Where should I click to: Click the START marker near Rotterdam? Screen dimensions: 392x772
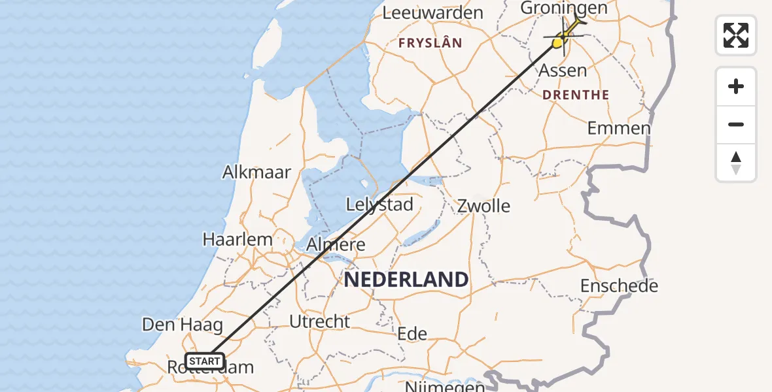tap(205, 361)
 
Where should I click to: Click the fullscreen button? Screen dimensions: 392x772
tap(736, 35)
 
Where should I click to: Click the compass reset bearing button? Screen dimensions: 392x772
tap(736, 163)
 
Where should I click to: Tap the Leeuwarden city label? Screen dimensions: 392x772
tap(432, 12)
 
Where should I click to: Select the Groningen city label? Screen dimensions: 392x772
tap(563, 8)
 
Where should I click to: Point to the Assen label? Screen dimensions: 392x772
tap(563, 70)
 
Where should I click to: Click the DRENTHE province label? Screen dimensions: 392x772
tap(576, 95)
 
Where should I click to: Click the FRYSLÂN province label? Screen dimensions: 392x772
tap(430, 43)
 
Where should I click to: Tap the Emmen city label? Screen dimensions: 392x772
tap(619, 128)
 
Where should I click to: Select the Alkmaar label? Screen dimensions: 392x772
tap(256, 172)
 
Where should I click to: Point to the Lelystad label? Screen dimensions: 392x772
tap(379, 204)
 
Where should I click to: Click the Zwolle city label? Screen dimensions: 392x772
tap(483, 206)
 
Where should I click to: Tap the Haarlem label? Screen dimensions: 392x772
tap(237, 239)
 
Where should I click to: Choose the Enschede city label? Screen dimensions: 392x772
tap(619, 286)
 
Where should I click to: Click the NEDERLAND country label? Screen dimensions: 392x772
tap(406, 280)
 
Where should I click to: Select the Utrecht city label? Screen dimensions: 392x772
tap(320, 321)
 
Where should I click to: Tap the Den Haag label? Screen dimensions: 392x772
tap(183, 325)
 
